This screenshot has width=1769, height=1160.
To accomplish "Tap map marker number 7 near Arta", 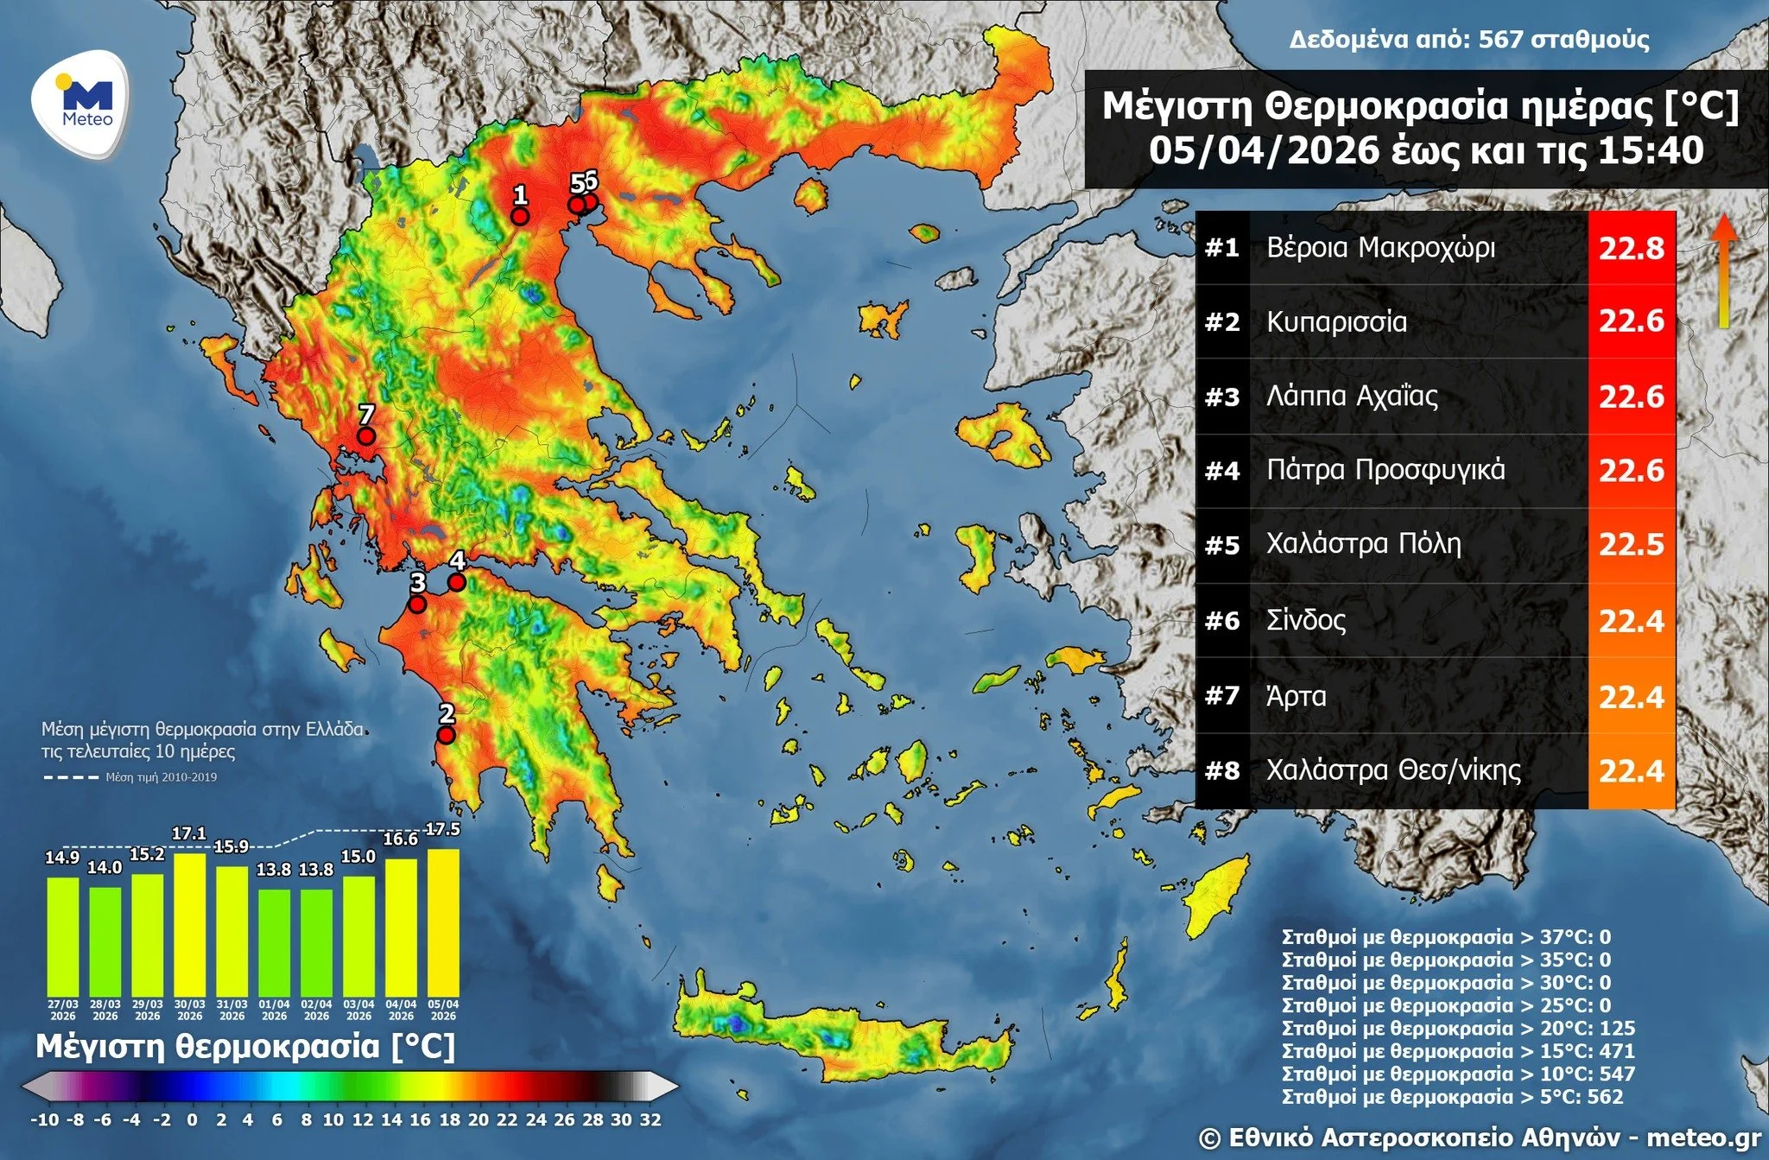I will click(366, 435).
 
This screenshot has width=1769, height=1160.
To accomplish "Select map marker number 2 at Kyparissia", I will click(446, 735).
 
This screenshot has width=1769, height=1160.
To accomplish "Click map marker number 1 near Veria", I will click(520, 216).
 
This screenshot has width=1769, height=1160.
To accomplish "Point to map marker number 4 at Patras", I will click(457, 582).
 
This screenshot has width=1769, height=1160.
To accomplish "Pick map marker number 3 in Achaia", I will click(417, 605).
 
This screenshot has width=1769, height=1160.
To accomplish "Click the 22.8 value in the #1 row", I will click(1631, 249).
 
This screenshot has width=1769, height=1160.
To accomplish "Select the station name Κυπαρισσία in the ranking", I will click(1336, 322).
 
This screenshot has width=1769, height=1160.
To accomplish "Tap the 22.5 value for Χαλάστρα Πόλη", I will click(1631, 545).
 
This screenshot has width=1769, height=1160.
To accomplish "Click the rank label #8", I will click(1222, 770).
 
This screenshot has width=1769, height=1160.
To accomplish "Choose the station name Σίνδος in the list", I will click(1306, 620).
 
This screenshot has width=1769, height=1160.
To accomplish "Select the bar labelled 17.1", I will click(189, 924).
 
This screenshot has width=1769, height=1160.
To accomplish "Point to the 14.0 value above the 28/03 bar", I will click(105, 868).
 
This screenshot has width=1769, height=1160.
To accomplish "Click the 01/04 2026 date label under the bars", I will click(274, 1011).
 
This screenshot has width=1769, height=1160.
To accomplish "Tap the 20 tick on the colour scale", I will click(478, 1120).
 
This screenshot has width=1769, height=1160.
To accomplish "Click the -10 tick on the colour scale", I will click(45, 1120).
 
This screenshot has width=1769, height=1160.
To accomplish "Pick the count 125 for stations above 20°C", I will click(1617, 1029).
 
